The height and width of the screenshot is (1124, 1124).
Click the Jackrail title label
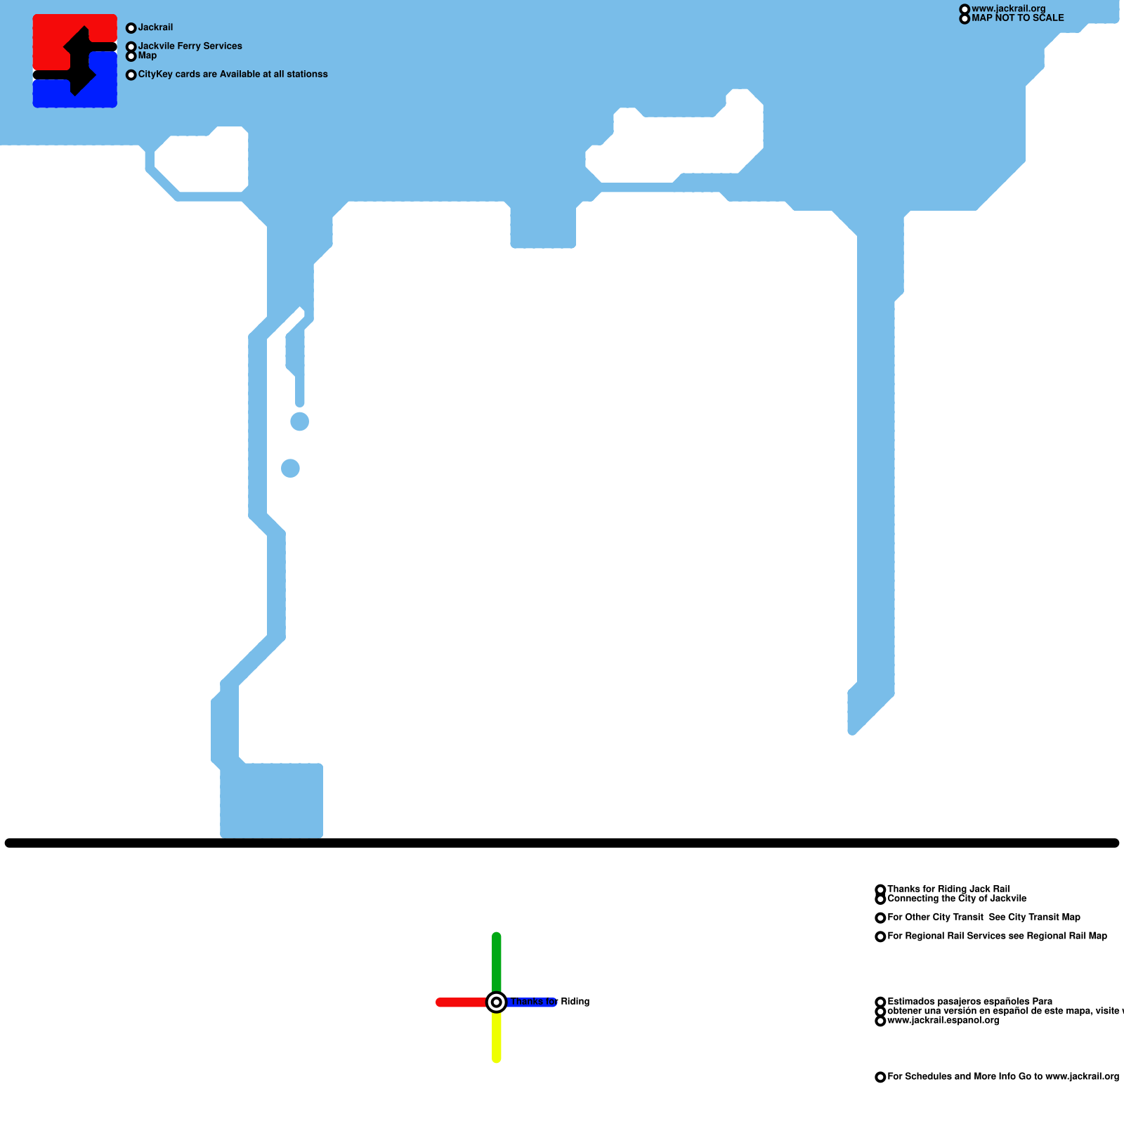tap(155, 27)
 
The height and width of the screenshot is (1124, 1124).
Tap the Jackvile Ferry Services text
tap(190, 46)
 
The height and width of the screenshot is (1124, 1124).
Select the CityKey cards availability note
tap(233, 74)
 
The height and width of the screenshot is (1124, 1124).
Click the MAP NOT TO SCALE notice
tap(1017, 18)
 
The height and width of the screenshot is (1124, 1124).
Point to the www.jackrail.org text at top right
tap(1008, 9)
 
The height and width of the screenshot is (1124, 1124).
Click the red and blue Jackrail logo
tap(74, 61)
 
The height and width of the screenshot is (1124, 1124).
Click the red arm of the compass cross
tap(460, 1002)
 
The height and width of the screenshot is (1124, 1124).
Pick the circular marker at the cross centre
tap(497, 1002)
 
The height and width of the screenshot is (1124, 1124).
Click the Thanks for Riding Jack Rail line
tap(948, 889)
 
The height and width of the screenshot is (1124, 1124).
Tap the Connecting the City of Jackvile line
tap(957, 898)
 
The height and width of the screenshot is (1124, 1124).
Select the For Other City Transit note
tap(983, 917)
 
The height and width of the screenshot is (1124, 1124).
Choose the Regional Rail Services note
tap(997, 936)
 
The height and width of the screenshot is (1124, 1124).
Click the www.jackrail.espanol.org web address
tap(943, 1021)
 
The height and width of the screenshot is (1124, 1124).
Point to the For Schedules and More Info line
tap(1002, 1077)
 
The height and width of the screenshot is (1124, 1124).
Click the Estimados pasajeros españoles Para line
tap(969, 1002)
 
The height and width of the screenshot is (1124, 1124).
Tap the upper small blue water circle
tap(300, 421)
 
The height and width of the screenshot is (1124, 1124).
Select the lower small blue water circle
tap(290, 468)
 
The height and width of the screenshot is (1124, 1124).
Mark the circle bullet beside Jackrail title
tap(131, 28)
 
